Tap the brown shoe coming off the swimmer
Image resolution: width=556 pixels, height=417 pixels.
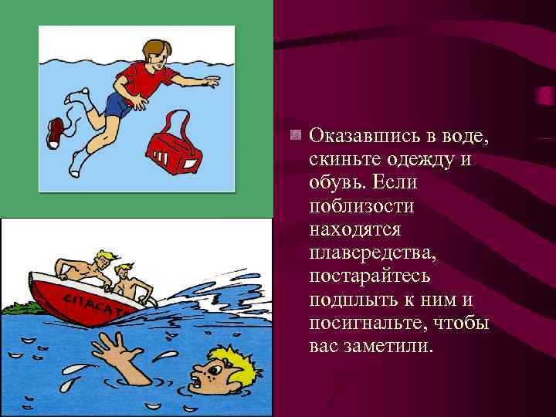[56, 132]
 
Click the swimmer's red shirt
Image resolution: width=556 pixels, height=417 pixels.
[139, 77]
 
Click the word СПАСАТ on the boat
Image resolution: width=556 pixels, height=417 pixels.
[91, 300]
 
